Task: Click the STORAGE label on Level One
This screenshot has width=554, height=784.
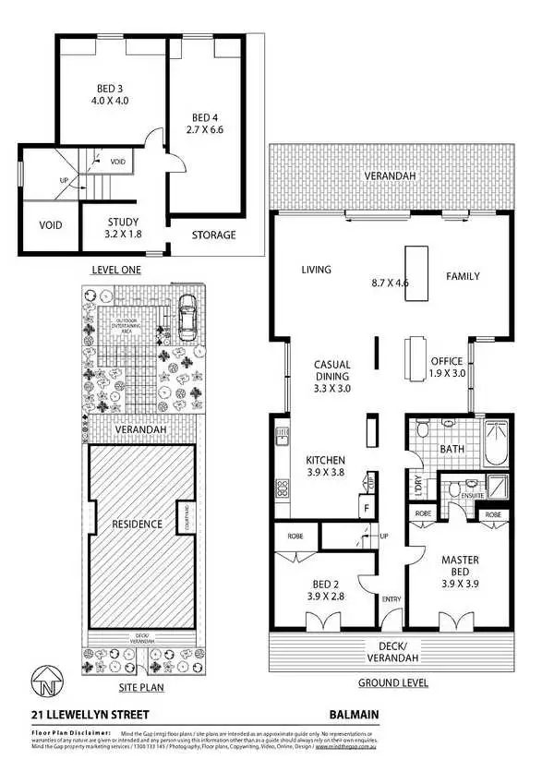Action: [214, 235]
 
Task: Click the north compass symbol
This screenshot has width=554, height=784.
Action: [43, 683]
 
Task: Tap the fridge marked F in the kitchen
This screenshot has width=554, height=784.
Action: [367, 507]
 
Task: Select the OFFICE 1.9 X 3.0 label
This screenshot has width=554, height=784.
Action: [447, 368]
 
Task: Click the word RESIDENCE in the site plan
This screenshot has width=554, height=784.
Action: [138, 524]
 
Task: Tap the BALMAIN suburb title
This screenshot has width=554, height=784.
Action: [354, 714]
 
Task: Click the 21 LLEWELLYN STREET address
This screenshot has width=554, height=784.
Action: [89, 714]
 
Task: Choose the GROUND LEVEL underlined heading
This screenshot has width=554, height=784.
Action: [395, 684]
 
